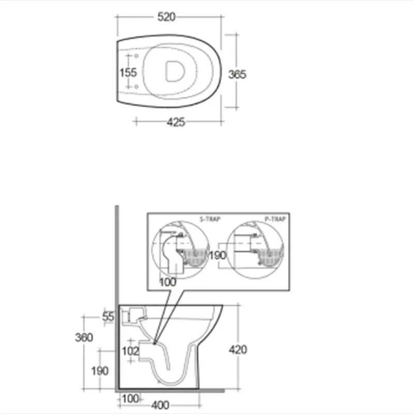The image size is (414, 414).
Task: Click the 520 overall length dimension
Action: (x=166, y=17)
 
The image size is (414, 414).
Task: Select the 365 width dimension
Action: (x=238, y=74)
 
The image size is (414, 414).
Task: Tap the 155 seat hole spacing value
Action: (x=128, y=72)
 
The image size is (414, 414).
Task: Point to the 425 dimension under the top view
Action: (x=176, y=122)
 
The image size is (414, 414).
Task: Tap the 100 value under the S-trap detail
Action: (x=168, y=282)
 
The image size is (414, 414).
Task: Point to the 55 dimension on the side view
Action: (x=108, y=317)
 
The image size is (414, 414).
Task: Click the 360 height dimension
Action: (x=84, y=337)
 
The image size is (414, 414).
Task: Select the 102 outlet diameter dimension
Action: (x=130, y=351)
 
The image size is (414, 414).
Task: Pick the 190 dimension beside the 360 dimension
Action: (x=99, y=371)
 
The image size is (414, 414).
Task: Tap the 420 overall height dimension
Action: (x=238, y=349)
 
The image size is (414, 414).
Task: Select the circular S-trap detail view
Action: (x=180, y=250)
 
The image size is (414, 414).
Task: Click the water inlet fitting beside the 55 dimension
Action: (x=132, y=314)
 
